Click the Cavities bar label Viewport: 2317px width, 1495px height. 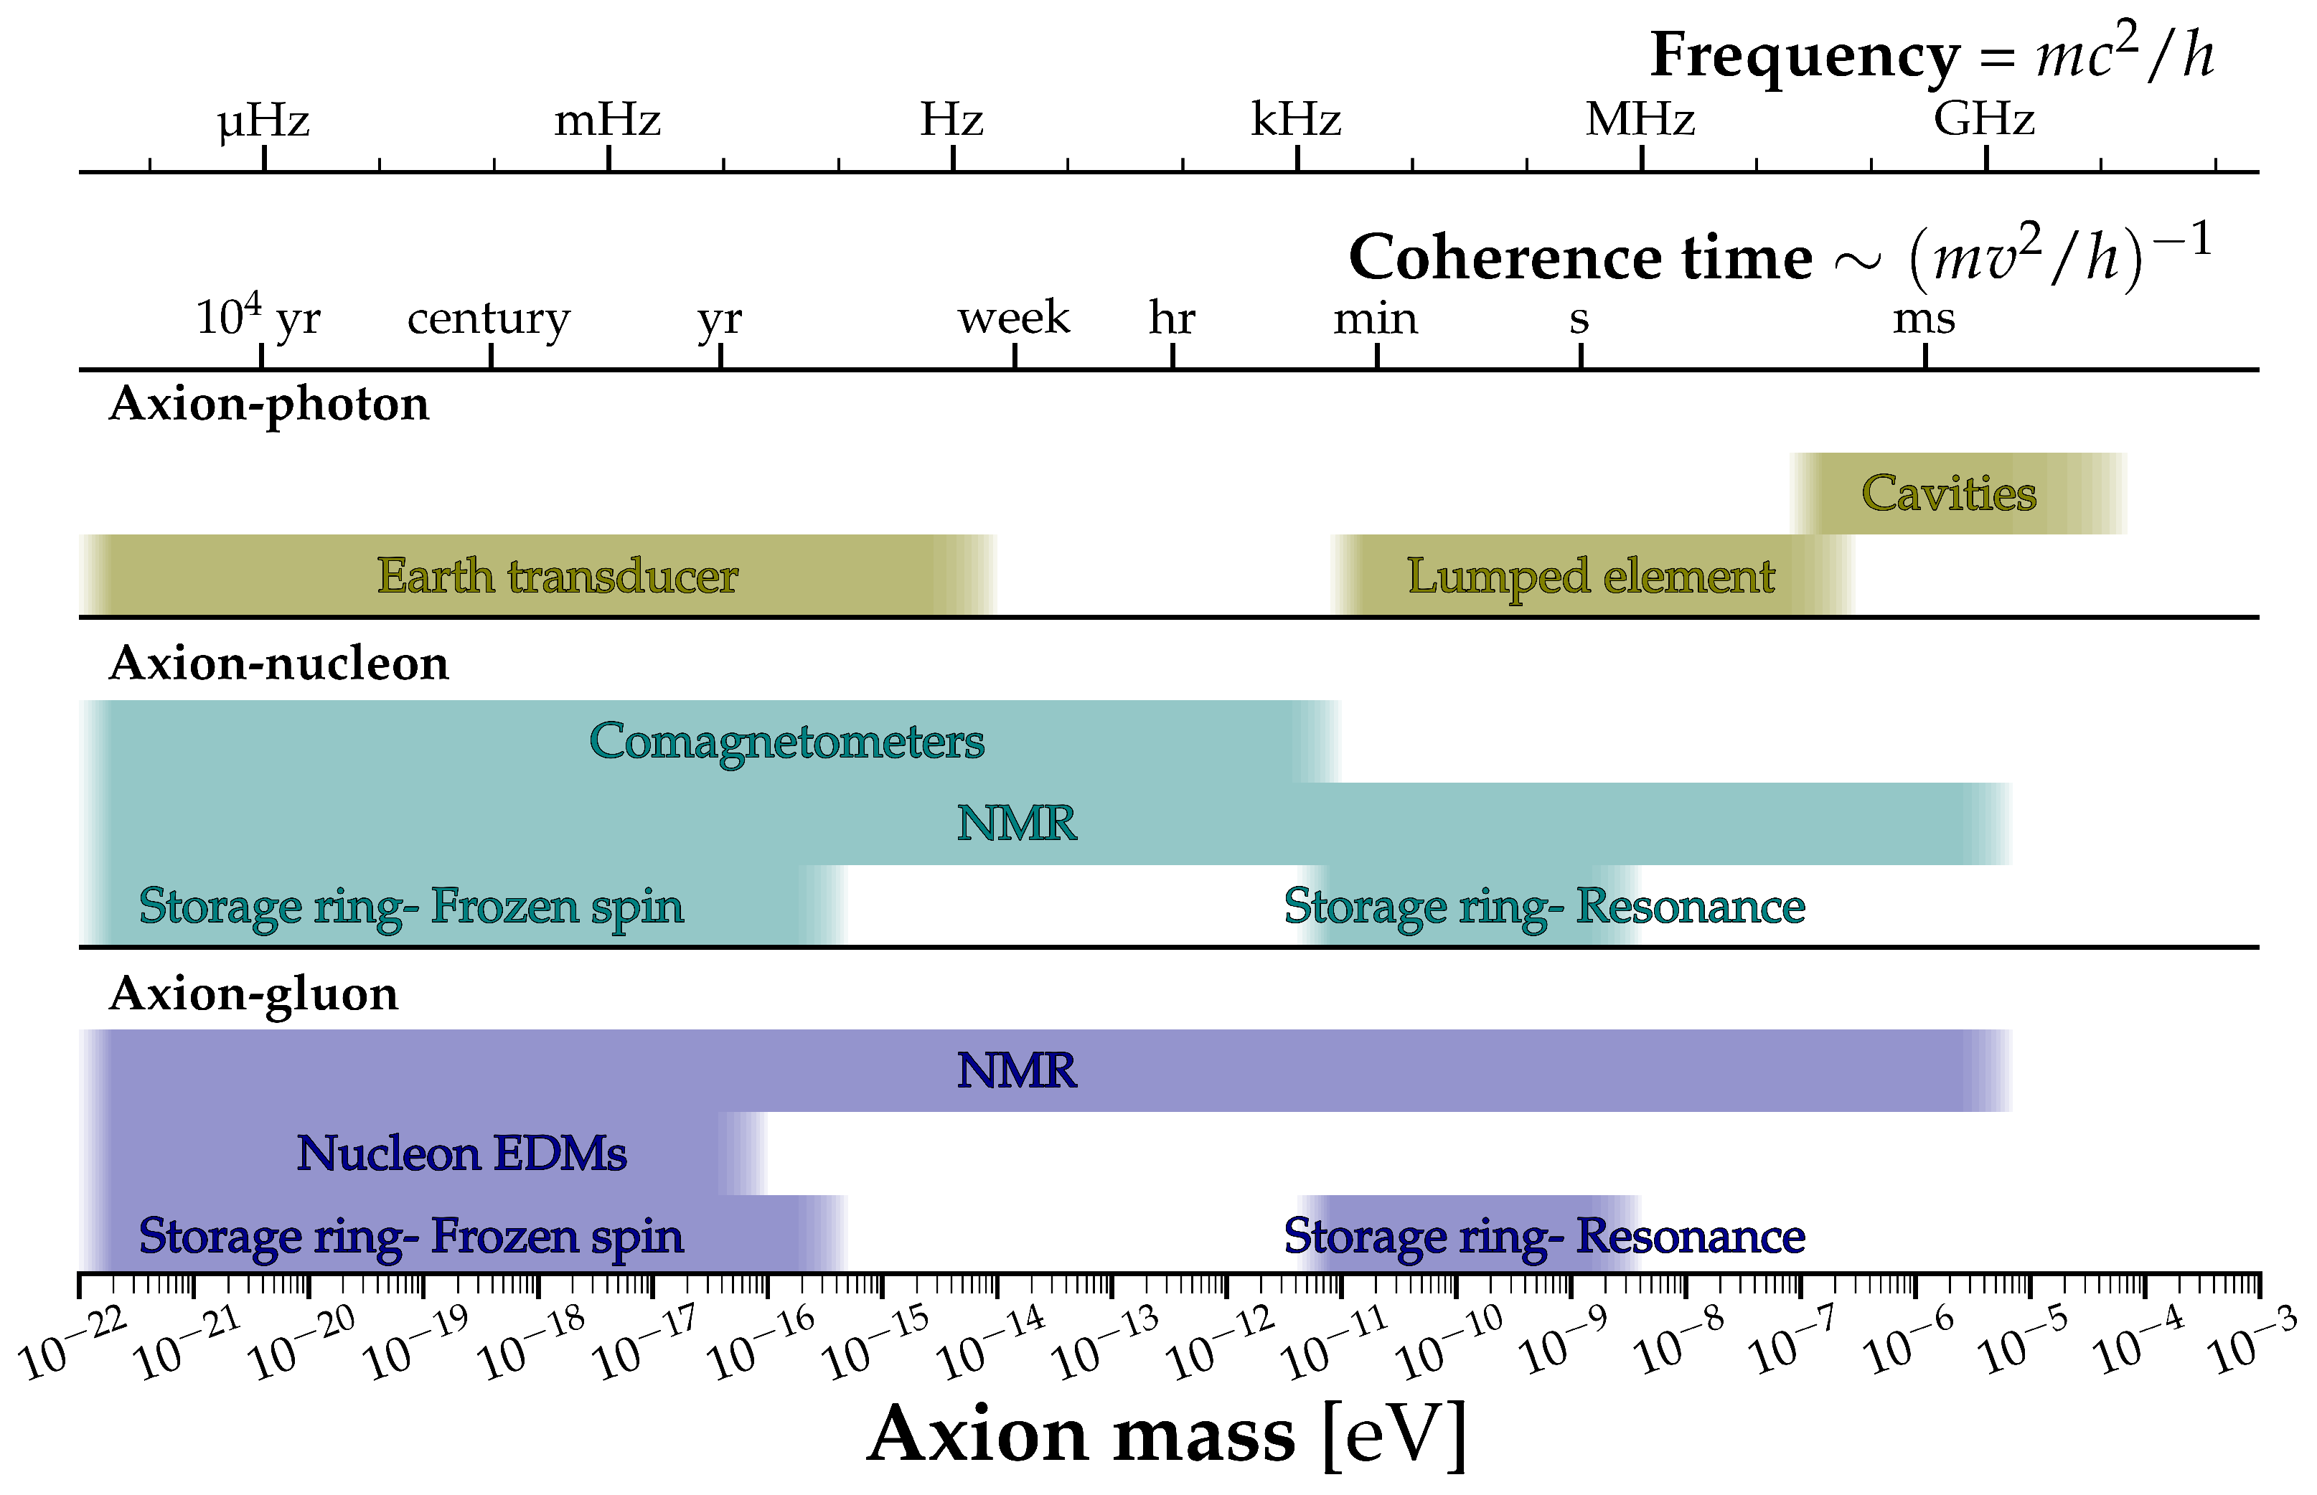click(1948, 493)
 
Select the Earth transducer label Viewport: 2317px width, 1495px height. click(558, 575)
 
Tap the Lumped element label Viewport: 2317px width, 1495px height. click(1591, 575)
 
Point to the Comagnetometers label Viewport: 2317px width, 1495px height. click(786, 741)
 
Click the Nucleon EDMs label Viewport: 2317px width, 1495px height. click(461, 1154)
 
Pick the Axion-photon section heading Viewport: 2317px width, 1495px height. click(269, 404)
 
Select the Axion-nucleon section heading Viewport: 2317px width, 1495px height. click(278, 664)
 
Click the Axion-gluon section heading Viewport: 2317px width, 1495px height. click(253, 994)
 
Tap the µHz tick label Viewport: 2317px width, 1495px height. click(263, 121)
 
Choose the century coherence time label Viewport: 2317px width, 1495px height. click(489, 319)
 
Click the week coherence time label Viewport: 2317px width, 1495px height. click(1014, 318)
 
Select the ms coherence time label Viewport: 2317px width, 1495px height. click(1924, 319)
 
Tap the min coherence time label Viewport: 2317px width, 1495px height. click(1375, 319)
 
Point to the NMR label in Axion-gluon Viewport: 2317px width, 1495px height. click(1017, 1071)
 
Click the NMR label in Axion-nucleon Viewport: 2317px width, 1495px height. click(1017, 824)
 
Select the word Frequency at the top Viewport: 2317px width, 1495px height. click(1804, 55)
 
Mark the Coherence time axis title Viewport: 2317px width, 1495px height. click(1580, 258)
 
